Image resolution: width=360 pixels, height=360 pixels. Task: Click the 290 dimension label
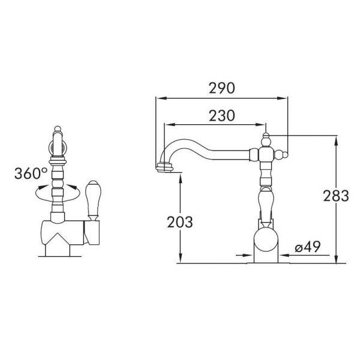(x=222, y=88)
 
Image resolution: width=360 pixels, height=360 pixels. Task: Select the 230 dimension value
(x=222, y=115)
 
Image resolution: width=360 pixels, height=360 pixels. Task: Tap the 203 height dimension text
(x=180, y=222)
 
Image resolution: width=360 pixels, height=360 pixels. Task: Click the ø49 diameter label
(x=307, y=247)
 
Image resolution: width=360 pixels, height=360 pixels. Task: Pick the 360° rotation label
(x=31, y=173)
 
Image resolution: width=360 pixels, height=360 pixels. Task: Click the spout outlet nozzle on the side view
(x=164, y=166)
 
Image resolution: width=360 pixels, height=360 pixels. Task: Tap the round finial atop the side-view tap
(x=266, y=134)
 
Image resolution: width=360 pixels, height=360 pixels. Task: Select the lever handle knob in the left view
(x=92, y=200)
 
